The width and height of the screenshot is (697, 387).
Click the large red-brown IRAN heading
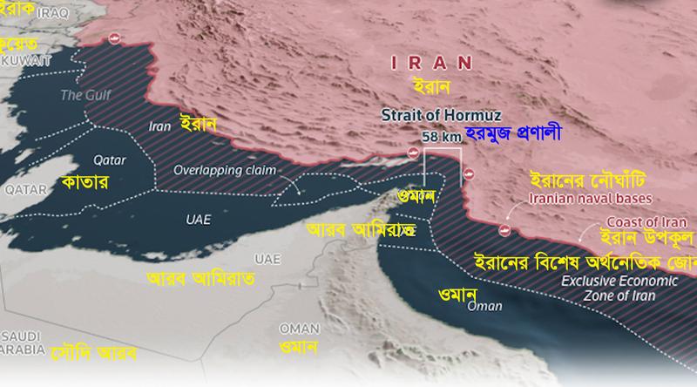[x=430, y=62]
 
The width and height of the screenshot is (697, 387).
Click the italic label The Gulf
[x=81, y=94]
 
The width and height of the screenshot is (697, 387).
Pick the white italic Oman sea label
[x=484, y=306]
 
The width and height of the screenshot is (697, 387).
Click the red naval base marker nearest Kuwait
[x=113, y=38]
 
